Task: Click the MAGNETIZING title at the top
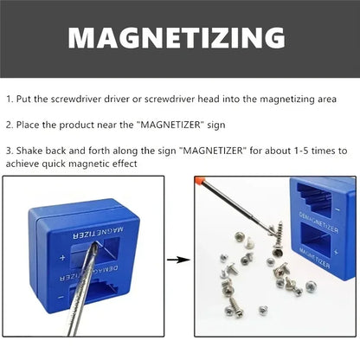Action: pyautogui.click(x=177, y=38)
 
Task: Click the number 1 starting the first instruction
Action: pyautogui.click(x=9, y=100)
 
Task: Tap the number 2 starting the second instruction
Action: pyautogui.click(x=9, y=124)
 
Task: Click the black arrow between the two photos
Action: pyautogui.click(x=177, y=258)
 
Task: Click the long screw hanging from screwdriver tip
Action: pyautogui.click(x=276, y=230)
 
